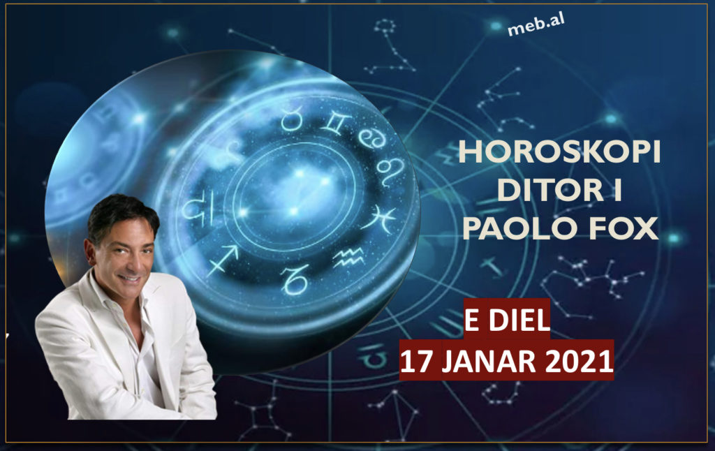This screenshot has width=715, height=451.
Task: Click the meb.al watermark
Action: click(x=536, y=24)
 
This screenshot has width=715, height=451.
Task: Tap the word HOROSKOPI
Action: click(x=559, y=152)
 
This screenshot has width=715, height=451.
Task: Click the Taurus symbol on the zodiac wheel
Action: click(x=293, y=119)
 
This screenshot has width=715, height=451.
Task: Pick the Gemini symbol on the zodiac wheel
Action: click(x=336, y=123)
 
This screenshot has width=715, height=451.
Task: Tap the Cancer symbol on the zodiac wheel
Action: click(x=371, y=138)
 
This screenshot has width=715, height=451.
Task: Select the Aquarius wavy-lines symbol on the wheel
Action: click(x=349, y=258)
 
